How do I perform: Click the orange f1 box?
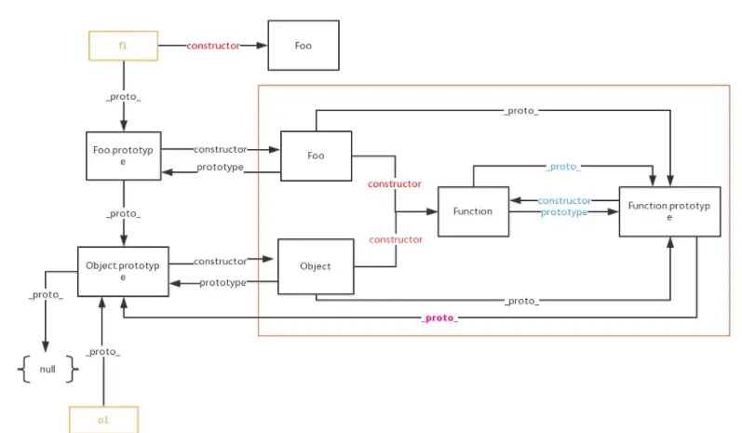123,44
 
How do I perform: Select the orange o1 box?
102,420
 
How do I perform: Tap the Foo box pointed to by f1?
303,44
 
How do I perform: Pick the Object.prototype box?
122,271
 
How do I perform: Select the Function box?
473,211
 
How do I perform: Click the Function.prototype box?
669,211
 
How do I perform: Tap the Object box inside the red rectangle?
316,266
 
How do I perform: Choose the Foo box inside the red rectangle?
316,156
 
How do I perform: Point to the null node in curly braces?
47,369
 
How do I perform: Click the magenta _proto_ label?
439,318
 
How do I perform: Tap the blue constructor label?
564,200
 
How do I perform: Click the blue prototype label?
564,212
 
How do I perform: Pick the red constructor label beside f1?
213,45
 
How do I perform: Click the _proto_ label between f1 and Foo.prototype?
123,97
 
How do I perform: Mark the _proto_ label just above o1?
102,352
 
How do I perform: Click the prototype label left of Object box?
223,282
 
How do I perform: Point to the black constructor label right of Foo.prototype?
221,149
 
